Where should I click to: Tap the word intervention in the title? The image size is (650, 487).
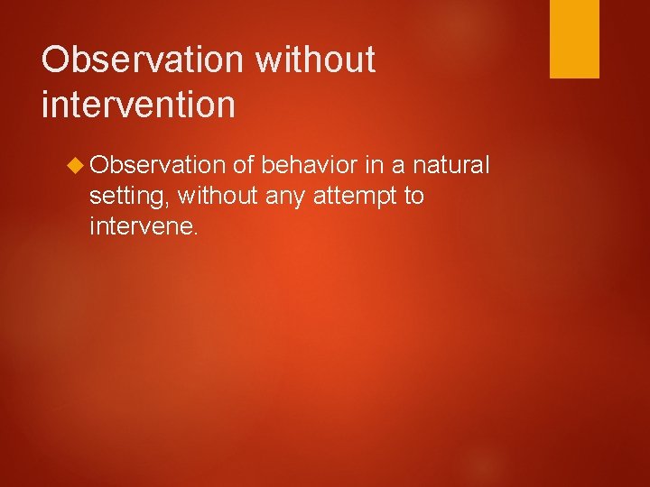138,103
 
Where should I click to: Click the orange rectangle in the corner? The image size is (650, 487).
575,39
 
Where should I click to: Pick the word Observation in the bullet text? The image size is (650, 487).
158,165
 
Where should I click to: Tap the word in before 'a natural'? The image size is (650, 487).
374,165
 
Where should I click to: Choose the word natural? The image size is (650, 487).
451,165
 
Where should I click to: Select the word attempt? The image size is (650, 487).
353,197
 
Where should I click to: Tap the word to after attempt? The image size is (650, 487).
413,196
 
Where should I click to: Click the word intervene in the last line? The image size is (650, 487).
140,226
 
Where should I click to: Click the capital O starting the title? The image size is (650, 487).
56,60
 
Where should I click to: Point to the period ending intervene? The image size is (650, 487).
192,233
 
